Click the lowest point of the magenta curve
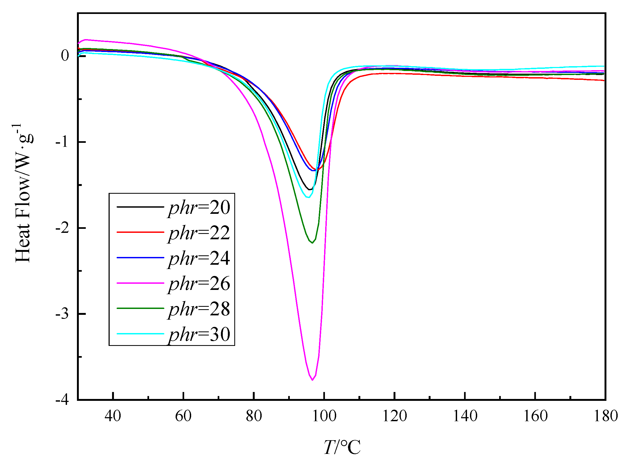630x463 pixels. [x=312, y=380]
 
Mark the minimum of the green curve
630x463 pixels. [x=312, y=243]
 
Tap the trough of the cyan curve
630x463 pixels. [x=308, y=197]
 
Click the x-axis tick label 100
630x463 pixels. [x=324, y=416]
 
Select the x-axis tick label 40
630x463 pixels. [x=113, y=416]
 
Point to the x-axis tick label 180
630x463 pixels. [x=606, y=416]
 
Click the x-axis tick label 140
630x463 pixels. [x=465, y=416]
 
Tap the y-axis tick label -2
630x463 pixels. [x=62, y=228]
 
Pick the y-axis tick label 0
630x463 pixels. [x=65, y=55]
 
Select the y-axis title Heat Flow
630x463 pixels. [x=23, y=193]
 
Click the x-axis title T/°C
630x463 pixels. [x=342, y=447]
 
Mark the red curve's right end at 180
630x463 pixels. [x=604, y=80]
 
